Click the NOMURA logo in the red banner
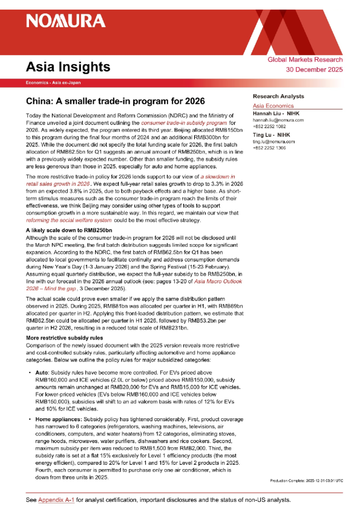click(65, 22)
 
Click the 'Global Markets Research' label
click(313, 60)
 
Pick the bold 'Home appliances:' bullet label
click(58, 418)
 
